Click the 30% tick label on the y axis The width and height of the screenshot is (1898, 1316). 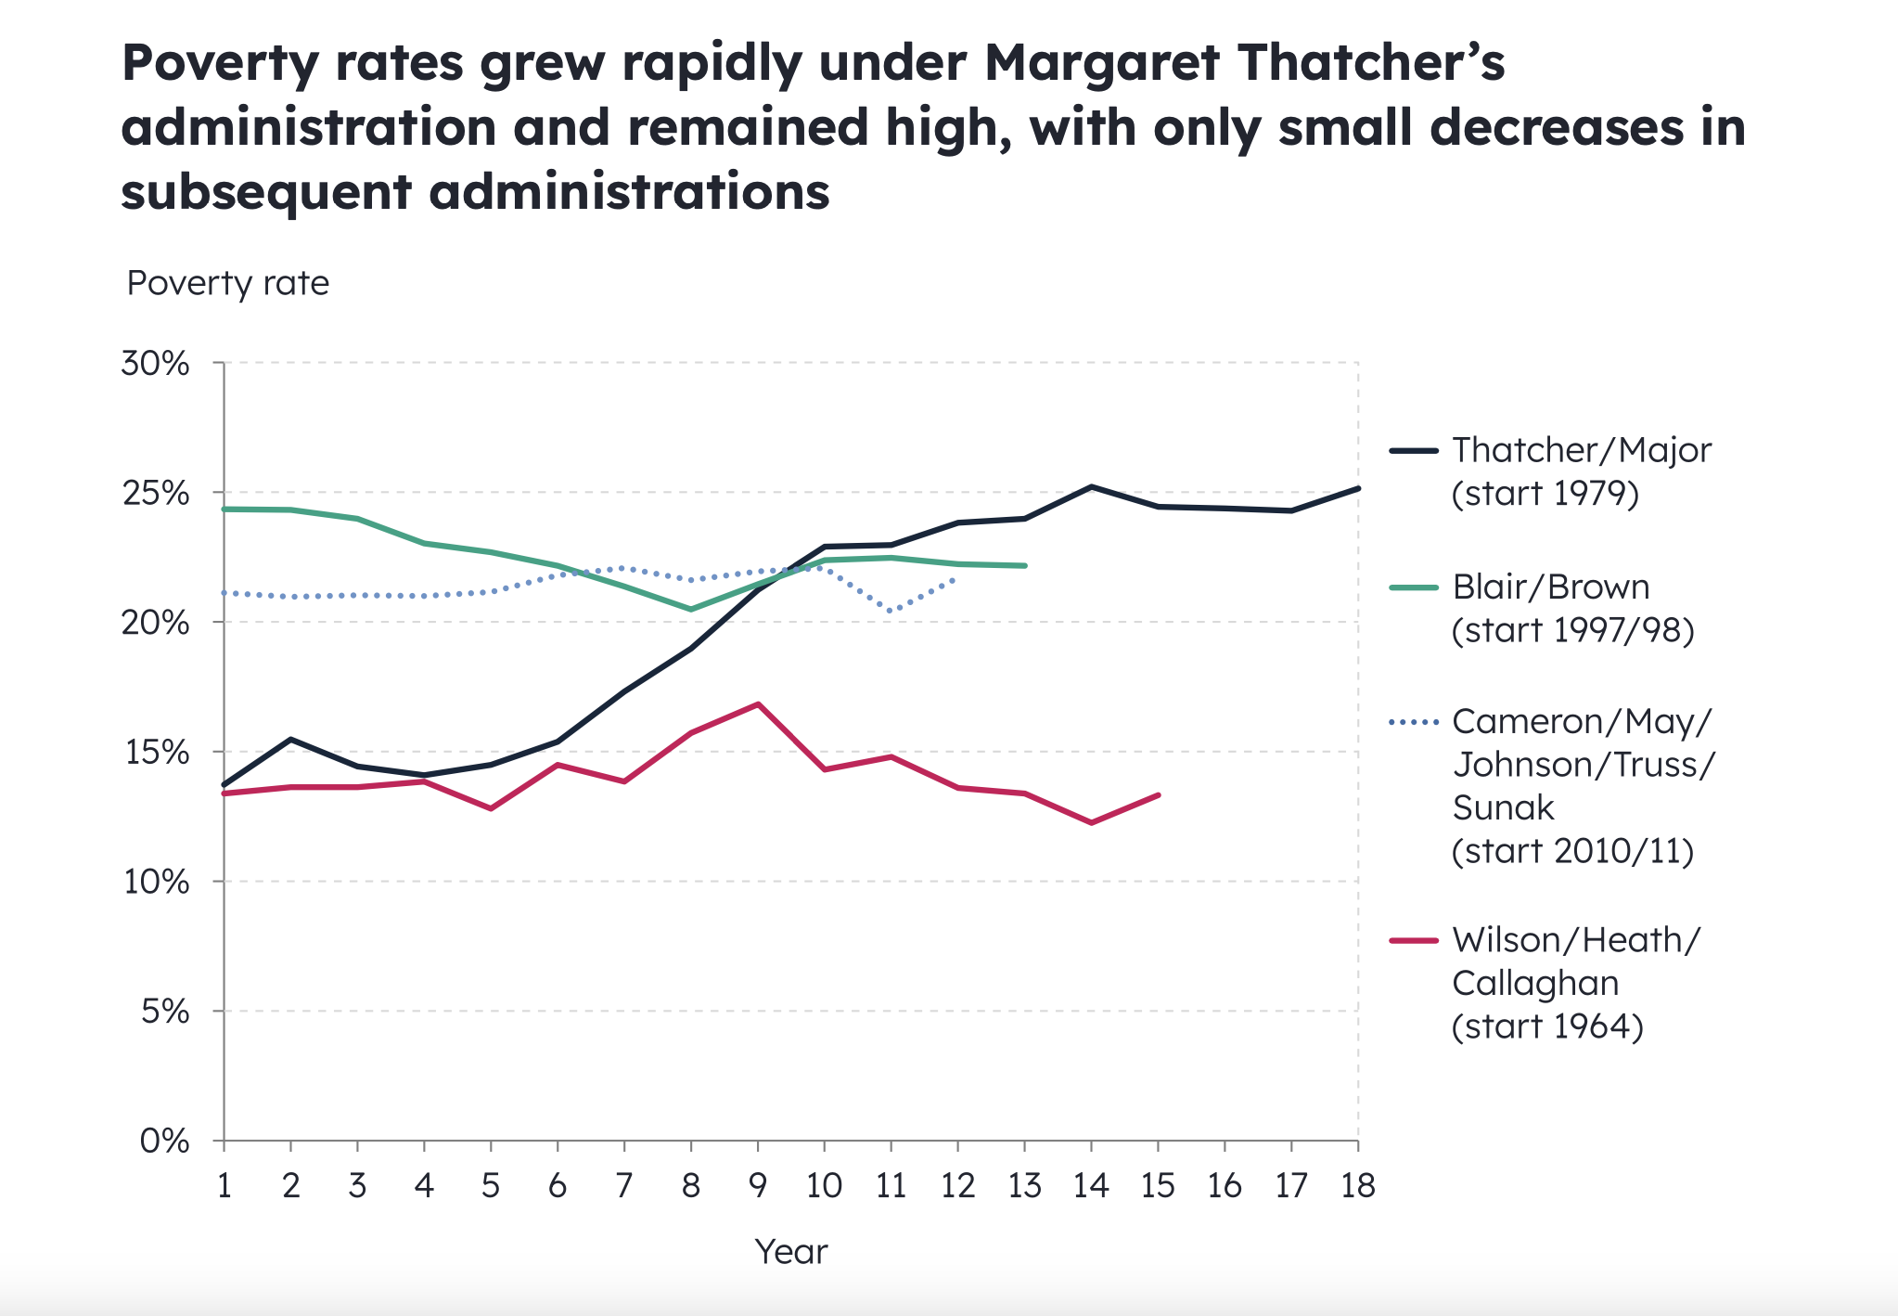click(155, 364)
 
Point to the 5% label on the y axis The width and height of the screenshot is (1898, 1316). click(164, 1012)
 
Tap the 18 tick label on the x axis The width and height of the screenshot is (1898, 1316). click(1357, 1186)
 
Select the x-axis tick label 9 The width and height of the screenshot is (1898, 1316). click(757, 1186)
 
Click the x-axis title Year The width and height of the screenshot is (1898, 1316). click(790, 1252)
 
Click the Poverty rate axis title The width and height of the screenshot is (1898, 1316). click(227, 283)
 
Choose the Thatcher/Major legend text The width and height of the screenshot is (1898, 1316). click(1581, 451)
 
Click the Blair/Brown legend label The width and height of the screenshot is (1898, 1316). click(1550, 587)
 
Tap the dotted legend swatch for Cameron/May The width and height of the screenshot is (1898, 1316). click(1414, 722)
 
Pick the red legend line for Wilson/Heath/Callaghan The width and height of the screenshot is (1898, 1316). click(1414, 940)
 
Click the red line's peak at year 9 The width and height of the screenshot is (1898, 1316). click(758, 704)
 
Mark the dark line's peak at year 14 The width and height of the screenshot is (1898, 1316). click(1091, 486)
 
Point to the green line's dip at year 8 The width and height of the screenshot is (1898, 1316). click(691, 610)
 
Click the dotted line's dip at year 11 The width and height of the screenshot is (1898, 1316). click(891, 612)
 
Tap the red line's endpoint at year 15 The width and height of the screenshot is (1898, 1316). click(1159, 794)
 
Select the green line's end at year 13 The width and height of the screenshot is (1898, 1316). click(1025, 565)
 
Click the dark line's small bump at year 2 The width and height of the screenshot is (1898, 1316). click(291, 740)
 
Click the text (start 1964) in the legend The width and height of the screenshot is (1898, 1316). click(1546, 1026)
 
